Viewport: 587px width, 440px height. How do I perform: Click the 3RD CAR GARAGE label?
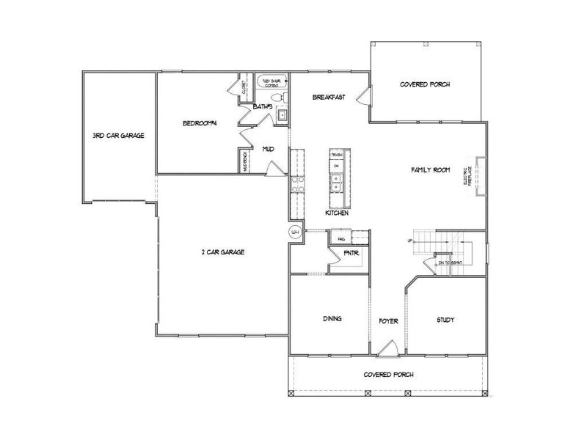(117, 136)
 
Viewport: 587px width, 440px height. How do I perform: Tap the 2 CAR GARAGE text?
(222, 252)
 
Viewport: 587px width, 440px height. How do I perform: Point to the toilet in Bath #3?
(277, 98)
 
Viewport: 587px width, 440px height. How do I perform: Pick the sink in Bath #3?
(280, 114)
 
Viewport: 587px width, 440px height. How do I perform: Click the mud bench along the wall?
(245, 161)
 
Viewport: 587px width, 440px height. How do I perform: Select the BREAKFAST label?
(328, 98)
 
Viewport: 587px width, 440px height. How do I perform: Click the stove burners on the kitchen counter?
(297, 185)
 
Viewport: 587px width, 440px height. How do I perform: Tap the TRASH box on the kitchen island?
(337, 155)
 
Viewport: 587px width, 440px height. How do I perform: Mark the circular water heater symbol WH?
(296, 232)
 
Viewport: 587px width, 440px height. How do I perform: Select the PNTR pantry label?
(351, 254)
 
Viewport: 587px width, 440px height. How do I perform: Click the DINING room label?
(333, 319)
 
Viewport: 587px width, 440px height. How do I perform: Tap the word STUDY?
(445, 320)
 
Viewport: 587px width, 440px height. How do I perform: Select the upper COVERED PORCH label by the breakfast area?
(425, 84)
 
